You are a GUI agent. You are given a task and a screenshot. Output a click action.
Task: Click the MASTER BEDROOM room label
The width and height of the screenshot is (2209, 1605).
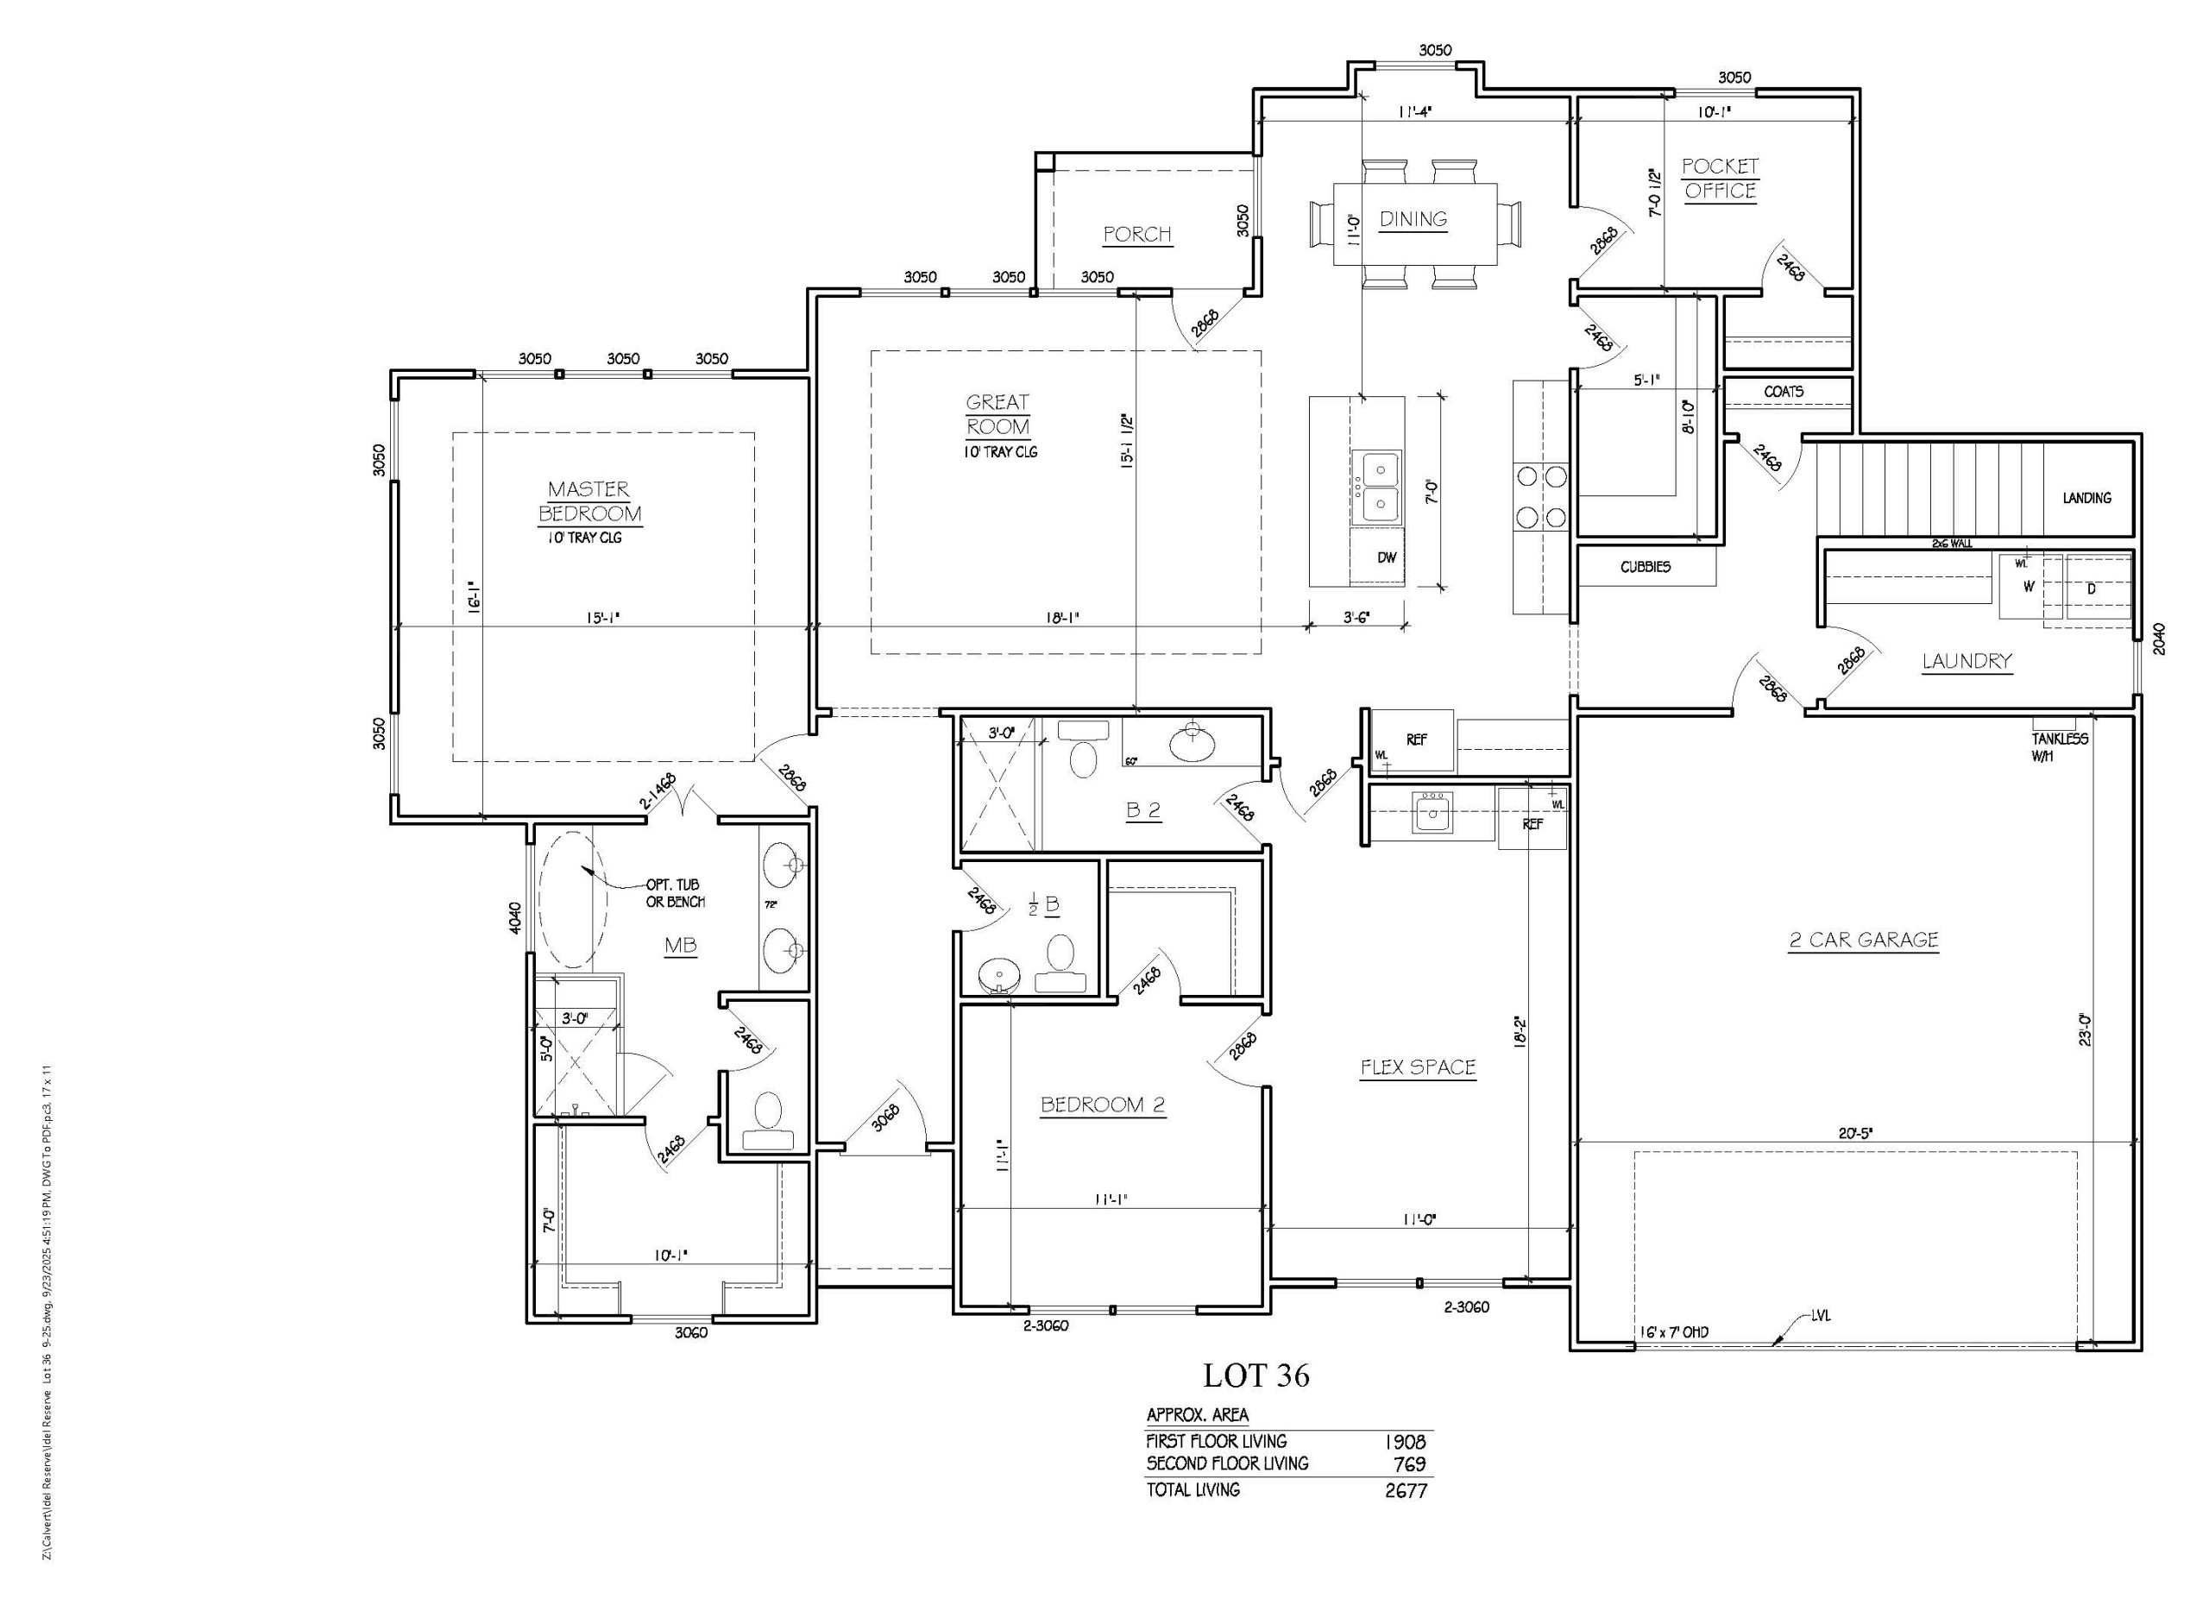click(589, 501)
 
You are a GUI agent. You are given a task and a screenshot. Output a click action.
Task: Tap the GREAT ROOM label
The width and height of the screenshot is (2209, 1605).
click(998, 414)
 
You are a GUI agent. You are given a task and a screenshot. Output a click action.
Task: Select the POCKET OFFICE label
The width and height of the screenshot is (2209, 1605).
click(1719, 179)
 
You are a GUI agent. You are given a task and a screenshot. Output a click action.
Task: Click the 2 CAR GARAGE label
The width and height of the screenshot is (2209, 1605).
click(1863, 940)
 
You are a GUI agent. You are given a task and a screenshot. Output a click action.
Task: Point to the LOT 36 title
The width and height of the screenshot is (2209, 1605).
click(1256, 1376)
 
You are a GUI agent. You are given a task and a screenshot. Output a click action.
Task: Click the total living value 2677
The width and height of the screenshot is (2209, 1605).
click(1406, 1490)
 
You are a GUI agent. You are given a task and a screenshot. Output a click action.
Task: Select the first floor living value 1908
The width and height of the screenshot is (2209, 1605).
click(1406, 1441)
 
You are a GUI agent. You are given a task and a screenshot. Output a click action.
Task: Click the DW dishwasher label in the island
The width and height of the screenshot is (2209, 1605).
click(1386, 558)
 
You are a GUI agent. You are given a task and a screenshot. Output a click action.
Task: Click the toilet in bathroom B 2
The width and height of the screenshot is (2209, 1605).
click(1083, 754)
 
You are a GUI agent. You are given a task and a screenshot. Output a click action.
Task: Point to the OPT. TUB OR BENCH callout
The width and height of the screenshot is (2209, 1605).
click(675, 893)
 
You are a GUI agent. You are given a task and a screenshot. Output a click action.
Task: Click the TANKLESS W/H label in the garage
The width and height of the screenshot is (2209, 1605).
click(2059, 747)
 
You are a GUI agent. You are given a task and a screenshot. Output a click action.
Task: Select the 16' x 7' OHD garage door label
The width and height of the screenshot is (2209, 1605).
click(1673, 1332)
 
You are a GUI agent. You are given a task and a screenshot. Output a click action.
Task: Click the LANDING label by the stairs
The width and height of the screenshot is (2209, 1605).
click(2086, 498)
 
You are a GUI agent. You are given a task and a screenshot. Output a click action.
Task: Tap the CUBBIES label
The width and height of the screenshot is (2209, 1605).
click(1645, 567)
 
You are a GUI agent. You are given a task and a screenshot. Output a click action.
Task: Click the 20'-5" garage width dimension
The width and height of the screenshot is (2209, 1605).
click(1855, 1133)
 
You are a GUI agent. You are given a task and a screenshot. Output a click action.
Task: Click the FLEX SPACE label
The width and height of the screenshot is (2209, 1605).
click(1417, 1067)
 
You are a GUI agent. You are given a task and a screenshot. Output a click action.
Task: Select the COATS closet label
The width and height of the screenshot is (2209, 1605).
click(1784, 392)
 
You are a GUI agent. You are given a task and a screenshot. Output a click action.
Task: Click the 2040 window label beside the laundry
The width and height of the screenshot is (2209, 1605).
click(2159, 638)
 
